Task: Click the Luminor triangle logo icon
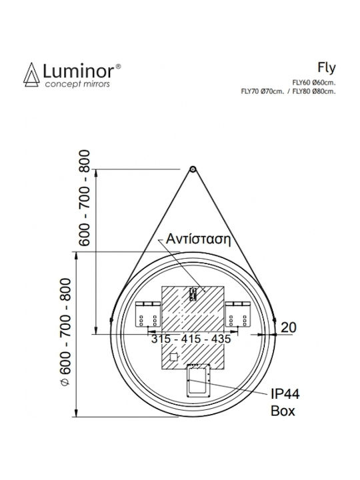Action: click(x=31, y=75)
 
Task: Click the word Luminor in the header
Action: click(x=79, y=71)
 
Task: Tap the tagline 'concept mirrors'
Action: click(x=77, y=84)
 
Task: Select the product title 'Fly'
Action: click(x=327, y=68)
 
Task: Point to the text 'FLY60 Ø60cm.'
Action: click(x=314, y=83)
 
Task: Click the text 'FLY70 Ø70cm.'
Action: click(x=263, y=91)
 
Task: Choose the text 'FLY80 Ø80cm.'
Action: click(x=314, y=91)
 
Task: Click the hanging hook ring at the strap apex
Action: click(x=193, y=169)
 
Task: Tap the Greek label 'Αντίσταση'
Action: click(x=198, y=239)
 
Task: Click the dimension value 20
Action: click(x=289, y=327)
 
